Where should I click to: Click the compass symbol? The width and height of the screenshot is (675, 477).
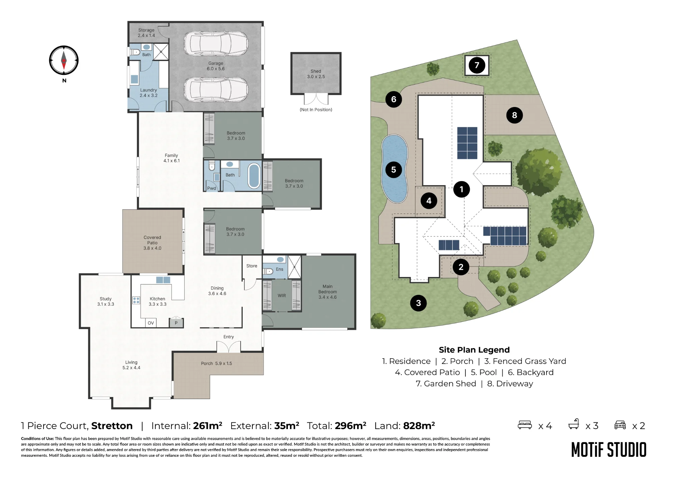coord(64,60)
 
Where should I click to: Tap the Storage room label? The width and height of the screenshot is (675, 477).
coord(146,33)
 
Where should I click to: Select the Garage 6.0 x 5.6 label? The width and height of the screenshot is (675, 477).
coord(216,66)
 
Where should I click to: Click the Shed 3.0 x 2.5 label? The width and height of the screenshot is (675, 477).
coord(316,74)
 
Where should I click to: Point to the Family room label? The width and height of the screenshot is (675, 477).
coord(171,158)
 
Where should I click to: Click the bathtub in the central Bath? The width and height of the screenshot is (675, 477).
coord(254,175)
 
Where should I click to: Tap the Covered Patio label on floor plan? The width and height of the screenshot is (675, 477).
coord(152,243)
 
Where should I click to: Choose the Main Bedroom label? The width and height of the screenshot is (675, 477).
coord(327,292)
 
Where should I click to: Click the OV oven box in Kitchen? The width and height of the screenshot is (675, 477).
coord(151,323)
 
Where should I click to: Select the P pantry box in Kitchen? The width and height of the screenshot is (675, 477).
coord(176,323)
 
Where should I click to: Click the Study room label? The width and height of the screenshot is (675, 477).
coord(106,301)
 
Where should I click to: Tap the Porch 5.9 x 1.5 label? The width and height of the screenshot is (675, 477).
coord(216,363)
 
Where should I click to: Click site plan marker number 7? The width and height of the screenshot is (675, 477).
coord(477,65)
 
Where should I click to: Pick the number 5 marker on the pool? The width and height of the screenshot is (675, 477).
coord(394,170)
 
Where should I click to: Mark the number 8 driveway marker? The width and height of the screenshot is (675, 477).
coord(514,115)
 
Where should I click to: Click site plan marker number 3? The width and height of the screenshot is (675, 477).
coord(418,303)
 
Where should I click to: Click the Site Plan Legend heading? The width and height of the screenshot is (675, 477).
coord(474,350)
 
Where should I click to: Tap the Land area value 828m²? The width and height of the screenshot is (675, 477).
coord(419,425)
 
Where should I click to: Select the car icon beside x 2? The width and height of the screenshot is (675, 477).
coord(620,425)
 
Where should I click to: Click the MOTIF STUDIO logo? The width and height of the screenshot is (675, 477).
coord(609,450)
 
